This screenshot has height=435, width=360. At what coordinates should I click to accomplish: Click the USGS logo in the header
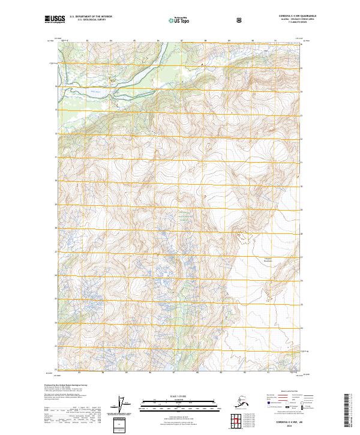pyautogui.click(x=53, y=19)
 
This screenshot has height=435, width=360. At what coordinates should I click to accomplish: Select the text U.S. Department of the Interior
pyautogui.click(x=91, y=17)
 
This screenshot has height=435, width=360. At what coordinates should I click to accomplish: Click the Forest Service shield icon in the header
pyautogui.click(x=240, y=19)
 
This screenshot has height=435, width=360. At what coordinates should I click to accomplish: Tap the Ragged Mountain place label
pyautogui.click(x=269, y=244)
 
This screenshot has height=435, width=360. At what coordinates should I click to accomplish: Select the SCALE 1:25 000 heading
pyautogui.click(x=179, y=395)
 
